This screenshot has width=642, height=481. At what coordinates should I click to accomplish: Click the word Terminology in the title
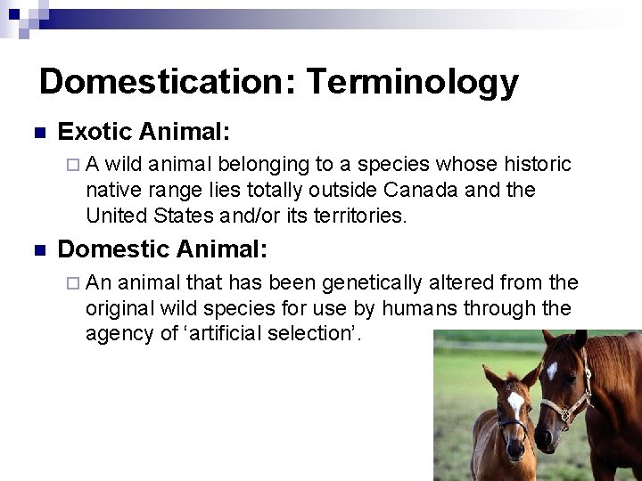pyautogui.click(x=412, y=82)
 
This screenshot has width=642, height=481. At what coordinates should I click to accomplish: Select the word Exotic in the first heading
pyautogui.click(x=94, y=133)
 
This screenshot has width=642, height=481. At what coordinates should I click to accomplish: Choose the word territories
pyautogui.click(x=355, y=215)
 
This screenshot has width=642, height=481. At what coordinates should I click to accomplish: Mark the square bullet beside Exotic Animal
pyautogui.click(x=39, y=134)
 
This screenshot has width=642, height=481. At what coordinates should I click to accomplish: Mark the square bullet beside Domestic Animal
pyautogui.click(x=39, y=250)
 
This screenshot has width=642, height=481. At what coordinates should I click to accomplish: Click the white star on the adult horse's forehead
pyautogui.click(x=552, y=368)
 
